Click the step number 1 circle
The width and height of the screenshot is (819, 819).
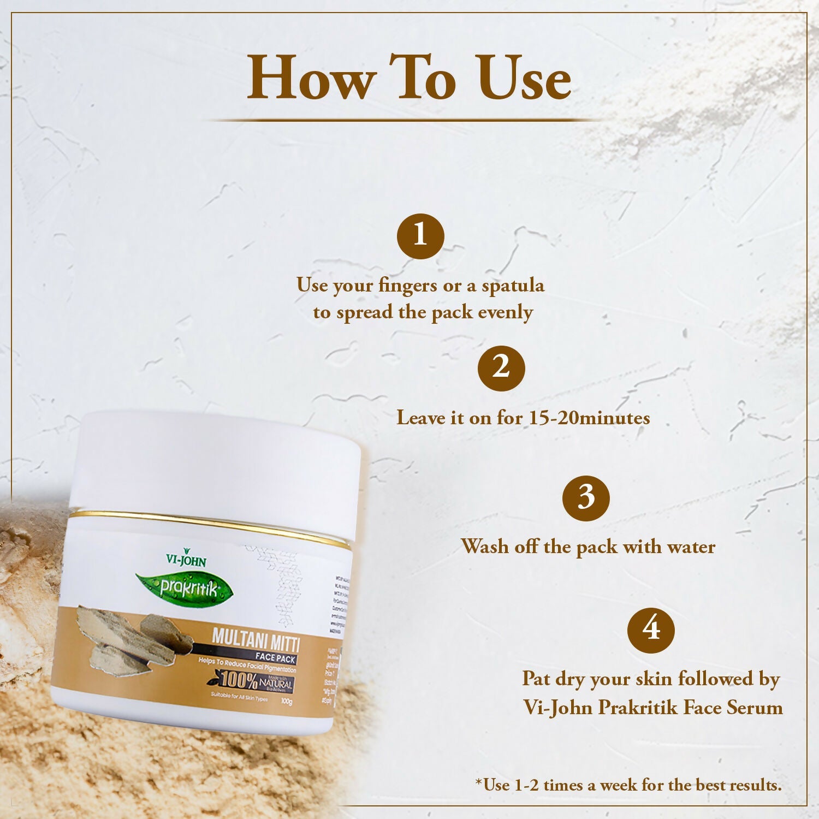point(420,236)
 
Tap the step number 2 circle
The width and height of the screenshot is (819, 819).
point(501,368)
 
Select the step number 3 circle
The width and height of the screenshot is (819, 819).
point(586,498)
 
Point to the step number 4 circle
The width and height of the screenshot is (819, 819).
point(651,630)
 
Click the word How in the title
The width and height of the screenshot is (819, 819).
point(311,79)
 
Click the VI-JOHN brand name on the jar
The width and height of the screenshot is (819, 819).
point(186,560)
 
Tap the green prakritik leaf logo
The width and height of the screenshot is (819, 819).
point(186,589)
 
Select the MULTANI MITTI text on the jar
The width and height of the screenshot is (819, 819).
point(256,639)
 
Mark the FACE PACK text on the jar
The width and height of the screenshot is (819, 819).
point(275,658)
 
